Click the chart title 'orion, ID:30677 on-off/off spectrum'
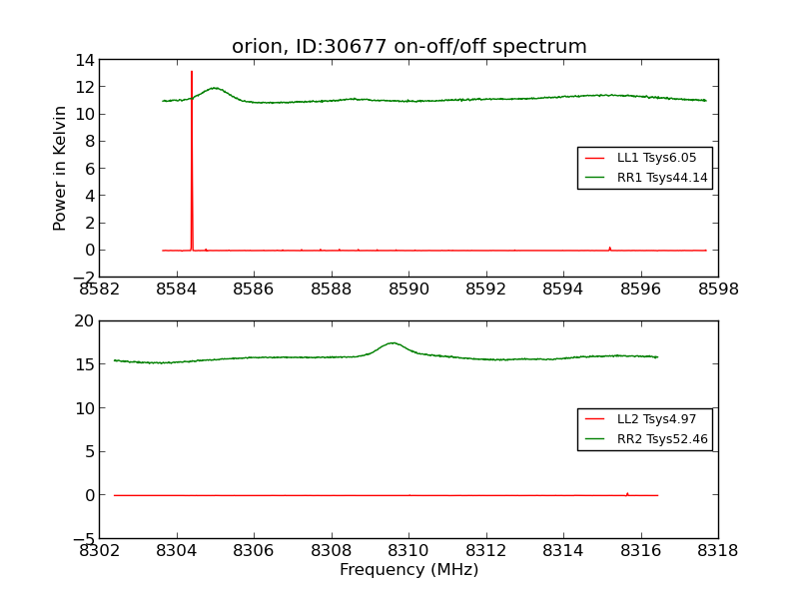[x=408, y=47]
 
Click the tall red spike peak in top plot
[x=192, y=72]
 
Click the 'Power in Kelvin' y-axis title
[x=61, y=168]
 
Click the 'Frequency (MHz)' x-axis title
[x=408, y=570]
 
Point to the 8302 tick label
[x=100, y=551]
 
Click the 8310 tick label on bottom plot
[x=408, y=551]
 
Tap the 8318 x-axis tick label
[x=717, y=551]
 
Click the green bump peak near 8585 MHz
[x=215, y=88]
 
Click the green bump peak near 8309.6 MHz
[x=393, y=343]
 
